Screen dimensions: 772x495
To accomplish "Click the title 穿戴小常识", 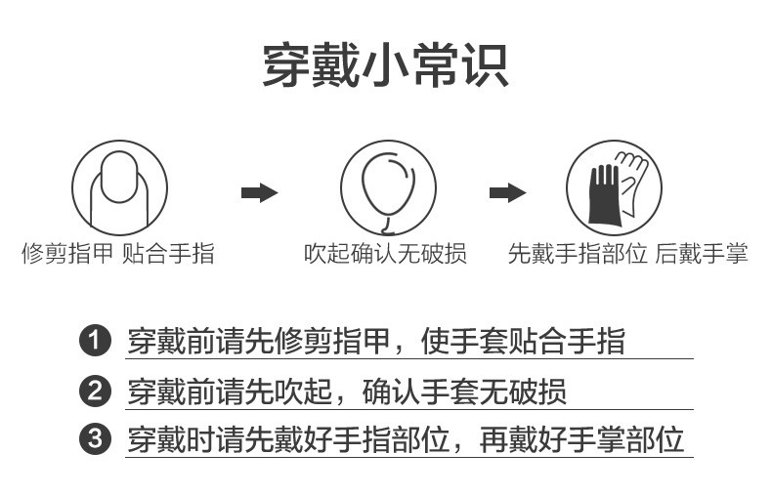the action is tap(385, 66).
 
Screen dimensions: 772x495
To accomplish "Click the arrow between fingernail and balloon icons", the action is tap(259, 192).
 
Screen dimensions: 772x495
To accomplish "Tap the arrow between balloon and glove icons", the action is tap(506, 192).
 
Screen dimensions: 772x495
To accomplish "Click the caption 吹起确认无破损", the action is tap(385, 255).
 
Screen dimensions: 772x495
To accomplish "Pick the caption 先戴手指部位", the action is tap(578, 255).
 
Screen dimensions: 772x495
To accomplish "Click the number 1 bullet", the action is tap(93, 342).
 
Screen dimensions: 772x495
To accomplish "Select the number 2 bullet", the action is tap(93, 392).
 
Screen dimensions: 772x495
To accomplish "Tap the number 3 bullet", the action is tap(93, 439).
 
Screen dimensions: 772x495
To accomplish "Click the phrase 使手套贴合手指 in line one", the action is tap(523, 342).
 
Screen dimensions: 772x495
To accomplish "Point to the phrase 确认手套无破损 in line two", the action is tap(464, 392).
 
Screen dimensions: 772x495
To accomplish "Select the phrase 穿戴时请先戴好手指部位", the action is tap(288, 439).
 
